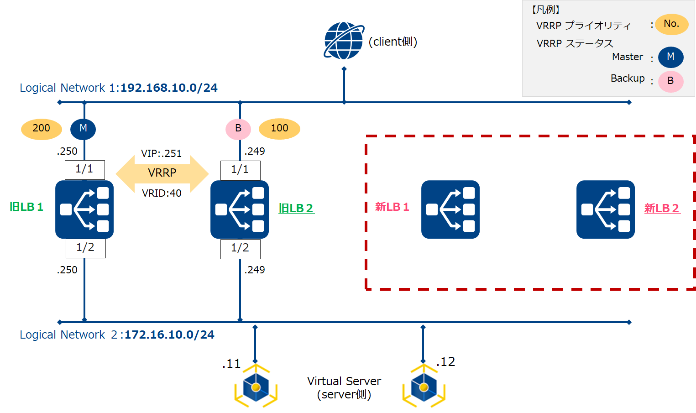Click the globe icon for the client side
click(x=344, y=41)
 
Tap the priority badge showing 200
click(x=42, y=129)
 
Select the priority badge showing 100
click(x=279, y=129)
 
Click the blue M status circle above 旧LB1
click(x=83, y=129)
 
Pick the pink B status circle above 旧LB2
click(x=238, y=129)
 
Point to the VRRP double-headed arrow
click(x=162, y=173)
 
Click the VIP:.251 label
click(x=161, y=153)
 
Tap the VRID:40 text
click(x=162, y=193)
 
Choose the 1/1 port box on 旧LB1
click(x=85, y=170)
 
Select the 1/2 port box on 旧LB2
click(x=241, y=249)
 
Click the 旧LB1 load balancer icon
click(x=84, y=209)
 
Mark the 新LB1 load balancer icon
click(x=450, y=209)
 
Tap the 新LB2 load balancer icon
click(x=606, y=209)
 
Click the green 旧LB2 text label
click(x=296, y=208)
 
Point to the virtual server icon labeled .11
click(x=256, y=386)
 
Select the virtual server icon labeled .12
click(x=424, y=386)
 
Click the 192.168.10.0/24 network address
click(x=169, y=88)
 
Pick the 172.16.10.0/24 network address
click(x=169, y=335)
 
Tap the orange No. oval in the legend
click(x=671, y=24)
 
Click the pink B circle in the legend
click(x=671, y=81)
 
